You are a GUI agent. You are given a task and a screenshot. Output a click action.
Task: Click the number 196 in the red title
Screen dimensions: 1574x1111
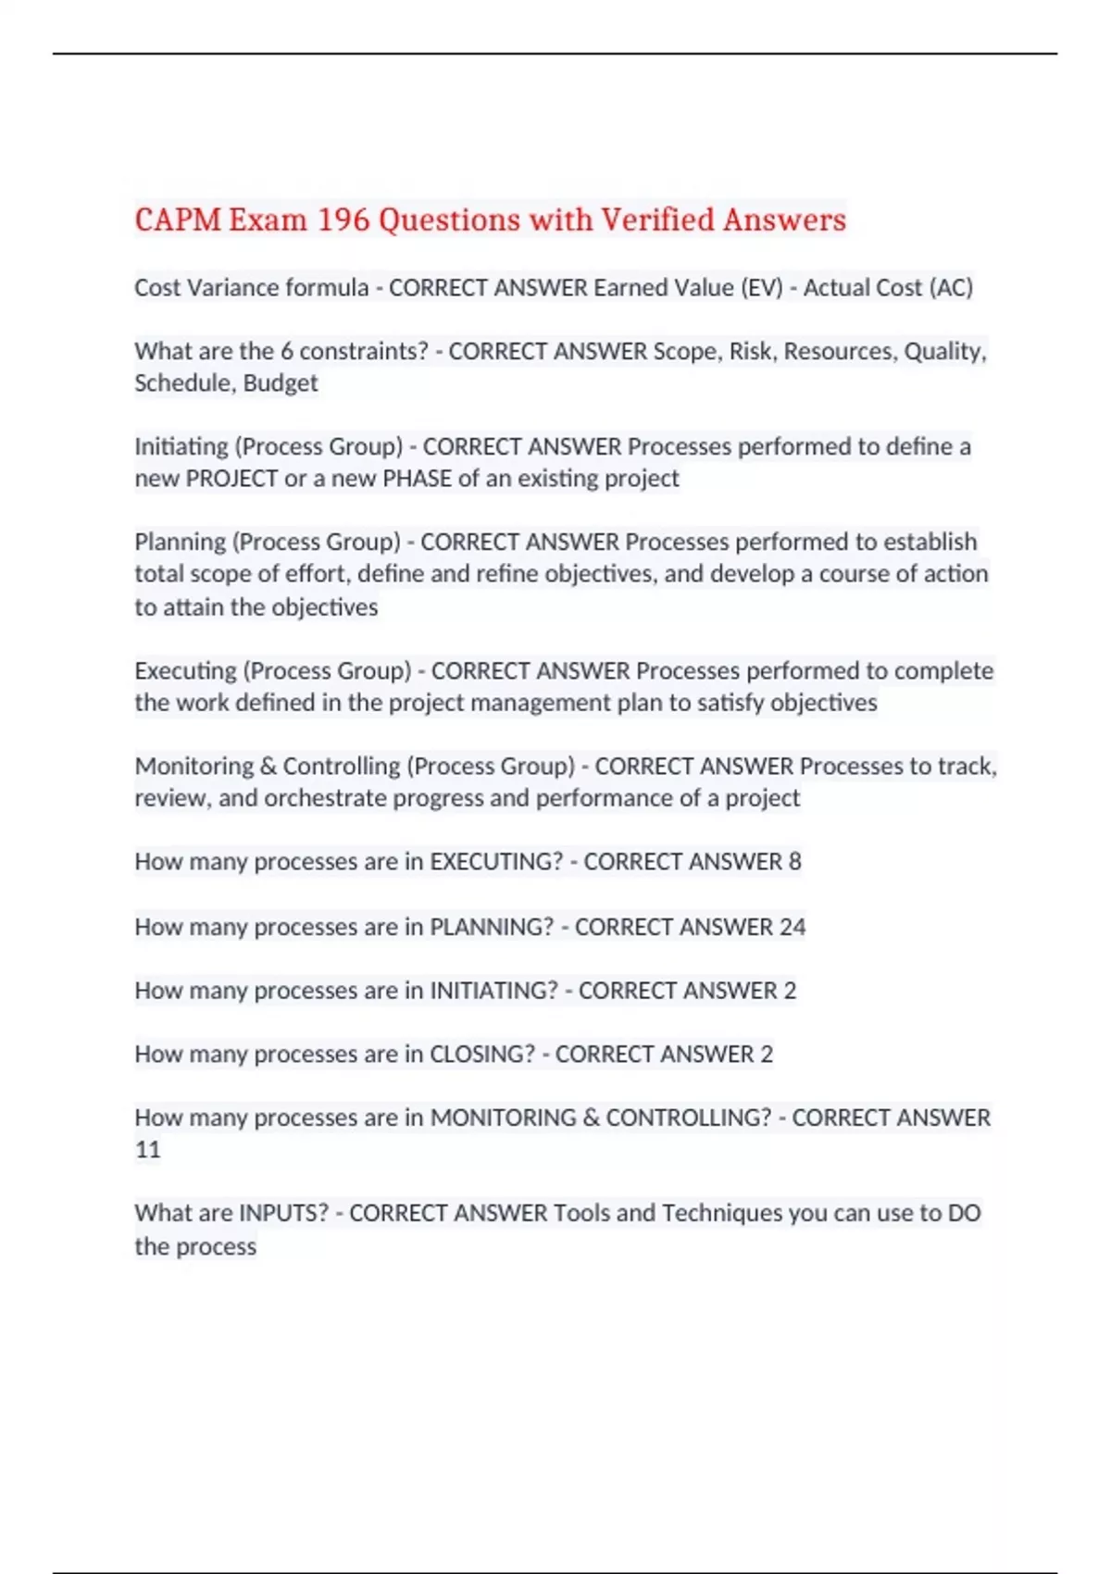click(343, 220)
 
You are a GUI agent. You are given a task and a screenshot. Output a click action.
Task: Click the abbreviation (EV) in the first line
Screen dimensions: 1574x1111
click(762, 288)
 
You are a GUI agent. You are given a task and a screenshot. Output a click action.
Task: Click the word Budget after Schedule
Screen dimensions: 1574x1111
click(281, 383)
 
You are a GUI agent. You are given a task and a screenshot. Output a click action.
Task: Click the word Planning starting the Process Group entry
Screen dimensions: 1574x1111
click(180, 542)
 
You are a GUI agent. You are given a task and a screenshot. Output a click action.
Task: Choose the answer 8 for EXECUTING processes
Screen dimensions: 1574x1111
click(794, 862)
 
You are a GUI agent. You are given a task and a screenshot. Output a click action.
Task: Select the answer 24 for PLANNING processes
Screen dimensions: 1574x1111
click(793, 927)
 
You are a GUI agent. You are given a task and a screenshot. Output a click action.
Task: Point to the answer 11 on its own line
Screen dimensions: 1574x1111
click(148, 1150)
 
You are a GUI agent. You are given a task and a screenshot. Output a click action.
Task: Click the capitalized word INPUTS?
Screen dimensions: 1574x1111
click(283, 1213)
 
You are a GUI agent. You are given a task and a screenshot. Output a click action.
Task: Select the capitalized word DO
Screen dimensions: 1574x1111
click(964, 1213)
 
